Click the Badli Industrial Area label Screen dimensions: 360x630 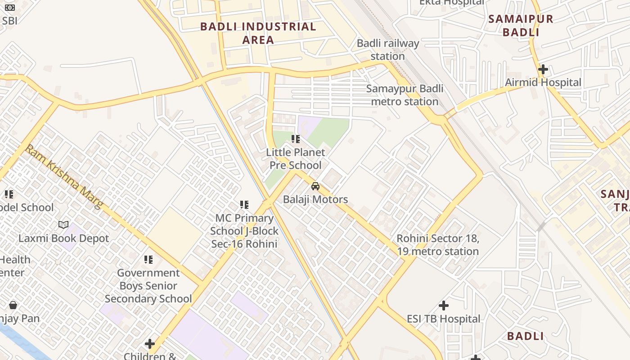[258, 33]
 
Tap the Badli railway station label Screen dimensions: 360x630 [387, 50]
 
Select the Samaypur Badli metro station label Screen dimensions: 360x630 [405, 95]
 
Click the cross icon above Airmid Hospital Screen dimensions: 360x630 [543, 69]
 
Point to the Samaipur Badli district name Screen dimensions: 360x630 [521, 26]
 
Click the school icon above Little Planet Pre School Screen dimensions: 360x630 [296, 139]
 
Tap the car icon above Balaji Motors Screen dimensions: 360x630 [315, 186]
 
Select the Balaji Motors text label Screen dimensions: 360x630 [315, 199]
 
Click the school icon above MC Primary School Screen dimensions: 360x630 [244, 205]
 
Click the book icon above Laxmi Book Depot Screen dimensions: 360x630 [63, 225]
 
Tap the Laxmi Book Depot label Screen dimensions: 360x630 [63, 238]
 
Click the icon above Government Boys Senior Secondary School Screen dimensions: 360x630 [148, 260]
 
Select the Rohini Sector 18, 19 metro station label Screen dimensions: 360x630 [438, 245]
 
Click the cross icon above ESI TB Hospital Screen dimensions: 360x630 [444, 306]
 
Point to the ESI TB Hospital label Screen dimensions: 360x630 [444, 319]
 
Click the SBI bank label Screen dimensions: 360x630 [9, 21]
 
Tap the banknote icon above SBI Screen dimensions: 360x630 [9, 8]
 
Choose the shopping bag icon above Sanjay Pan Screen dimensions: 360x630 [13, 305]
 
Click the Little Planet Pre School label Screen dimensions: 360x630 [296, 159]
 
